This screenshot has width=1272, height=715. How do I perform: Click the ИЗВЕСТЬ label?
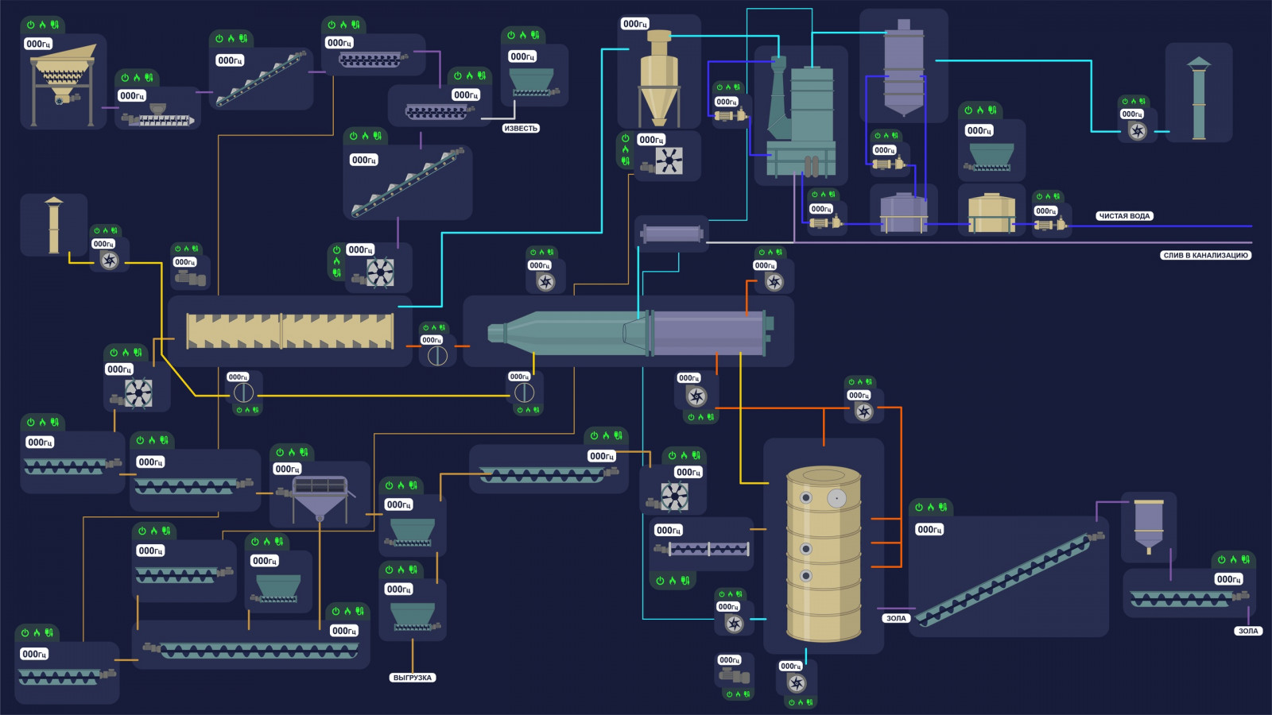521,128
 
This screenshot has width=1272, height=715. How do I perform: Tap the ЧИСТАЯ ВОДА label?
1124,216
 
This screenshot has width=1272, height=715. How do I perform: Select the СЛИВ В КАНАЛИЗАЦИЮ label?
1205,256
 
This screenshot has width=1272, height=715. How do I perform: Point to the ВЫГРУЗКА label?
413,678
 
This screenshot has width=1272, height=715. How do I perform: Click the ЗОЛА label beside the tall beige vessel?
896,618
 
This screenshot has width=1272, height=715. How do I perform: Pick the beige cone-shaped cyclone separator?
660,79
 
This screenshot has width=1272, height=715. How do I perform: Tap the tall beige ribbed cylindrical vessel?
824,554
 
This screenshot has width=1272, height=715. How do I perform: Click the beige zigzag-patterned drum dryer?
289,331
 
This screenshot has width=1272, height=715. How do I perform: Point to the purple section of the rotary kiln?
708,332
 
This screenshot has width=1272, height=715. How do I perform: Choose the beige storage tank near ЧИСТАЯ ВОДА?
991,213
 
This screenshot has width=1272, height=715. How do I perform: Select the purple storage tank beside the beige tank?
903,213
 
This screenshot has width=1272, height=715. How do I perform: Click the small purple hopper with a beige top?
1148,525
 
